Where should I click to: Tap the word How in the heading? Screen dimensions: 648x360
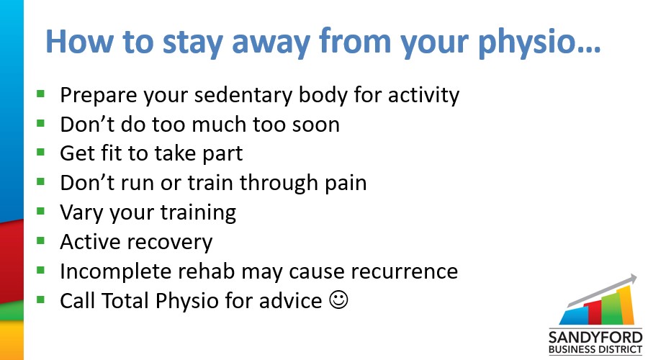click(79, 41)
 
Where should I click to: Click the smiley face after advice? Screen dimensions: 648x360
click(338, 300)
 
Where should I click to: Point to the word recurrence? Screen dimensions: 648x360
click(404, 271)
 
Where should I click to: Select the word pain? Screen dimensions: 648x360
click(346, 183)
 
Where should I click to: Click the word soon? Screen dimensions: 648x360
click(316, 125)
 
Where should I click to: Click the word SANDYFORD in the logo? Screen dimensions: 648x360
click(595, 337)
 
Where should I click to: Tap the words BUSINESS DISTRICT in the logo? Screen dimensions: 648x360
click(595, 350)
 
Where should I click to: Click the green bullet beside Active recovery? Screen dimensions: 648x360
click(40, 240)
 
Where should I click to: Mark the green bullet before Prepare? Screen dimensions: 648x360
click(40, 94)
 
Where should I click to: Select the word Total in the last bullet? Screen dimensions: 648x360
click(125, 300)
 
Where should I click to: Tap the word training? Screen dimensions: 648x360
click(199, 213)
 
